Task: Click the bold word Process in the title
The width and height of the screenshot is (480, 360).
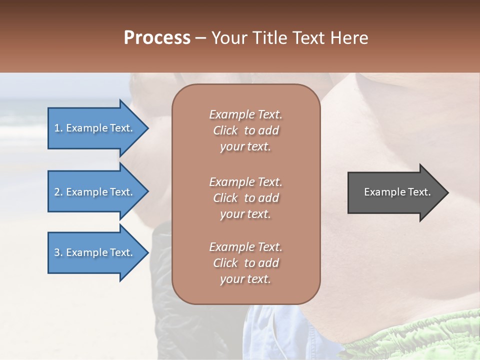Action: [x=157, y=37]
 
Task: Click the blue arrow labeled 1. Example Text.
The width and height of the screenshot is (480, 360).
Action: [x=95, y=128]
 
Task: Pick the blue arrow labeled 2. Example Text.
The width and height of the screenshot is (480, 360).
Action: [x=95, y=192]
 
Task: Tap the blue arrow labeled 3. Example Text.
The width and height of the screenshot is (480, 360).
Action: [x=95, y=252]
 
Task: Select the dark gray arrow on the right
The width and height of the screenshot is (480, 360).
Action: [x=395, y=192]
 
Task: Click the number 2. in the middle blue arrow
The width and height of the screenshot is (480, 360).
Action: [x=58, y=192]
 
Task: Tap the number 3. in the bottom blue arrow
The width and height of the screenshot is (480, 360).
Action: [x=58, y=252]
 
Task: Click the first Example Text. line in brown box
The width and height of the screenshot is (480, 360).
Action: [x=245, y=114]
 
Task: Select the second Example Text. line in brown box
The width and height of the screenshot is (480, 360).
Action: [x=245, y=181]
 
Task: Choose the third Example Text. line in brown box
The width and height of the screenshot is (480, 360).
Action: [x=245, y=247]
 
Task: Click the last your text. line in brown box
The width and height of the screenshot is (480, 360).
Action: [x=245, y=279]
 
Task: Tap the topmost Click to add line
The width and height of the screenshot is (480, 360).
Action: [x=245, y=130]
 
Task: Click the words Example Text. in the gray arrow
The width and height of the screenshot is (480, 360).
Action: [x=397, y=192]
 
